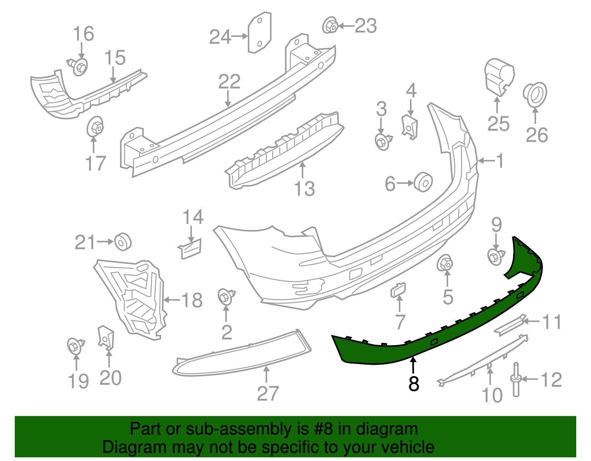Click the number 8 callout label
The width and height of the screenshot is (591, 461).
pyautogui.click(x=414, y=384)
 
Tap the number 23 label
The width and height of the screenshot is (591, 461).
pyautogui.click(x=366, y=26)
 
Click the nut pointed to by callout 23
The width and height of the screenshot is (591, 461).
pyautogui.click(x=330, y=25)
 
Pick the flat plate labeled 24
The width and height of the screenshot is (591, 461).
pyautogui.click(x=259, y=33)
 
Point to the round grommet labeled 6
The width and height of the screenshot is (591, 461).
pyautogui.click(x=423, y=182)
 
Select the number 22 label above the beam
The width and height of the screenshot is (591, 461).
pyautogui.click(x=229, y=82)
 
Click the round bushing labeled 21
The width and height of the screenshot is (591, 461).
pyautogui.click(x=123, y=242)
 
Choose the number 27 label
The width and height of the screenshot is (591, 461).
pyautogui.click(x=267, y=393)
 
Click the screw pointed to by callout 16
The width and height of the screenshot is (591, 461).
pyautogui.click(x=79, y=67)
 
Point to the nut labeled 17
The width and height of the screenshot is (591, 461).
pyautogui.click(x=95, y=127)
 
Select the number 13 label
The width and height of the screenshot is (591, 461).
pyautogui.click(x=304, y=189)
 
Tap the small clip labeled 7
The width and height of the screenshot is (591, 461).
pyautogui.click(x=398, y=290)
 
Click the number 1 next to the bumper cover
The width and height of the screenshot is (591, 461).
pyautogui.click(x=500, y=161)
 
